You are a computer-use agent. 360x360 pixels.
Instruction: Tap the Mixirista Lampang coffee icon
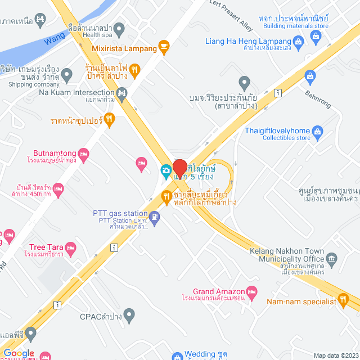164,47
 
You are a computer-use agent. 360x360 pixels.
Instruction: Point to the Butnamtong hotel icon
84,152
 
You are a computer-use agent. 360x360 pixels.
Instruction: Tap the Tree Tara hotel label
46,247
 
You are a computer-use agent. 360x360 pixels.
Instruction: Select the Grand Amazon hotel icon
252,291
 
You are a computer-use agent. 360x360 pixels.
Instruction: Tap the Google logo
19,353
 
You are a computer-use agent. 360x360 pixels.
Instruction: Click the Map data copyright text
335,355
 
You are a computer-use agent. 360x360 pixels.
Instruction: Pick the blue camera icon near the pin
166,169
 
